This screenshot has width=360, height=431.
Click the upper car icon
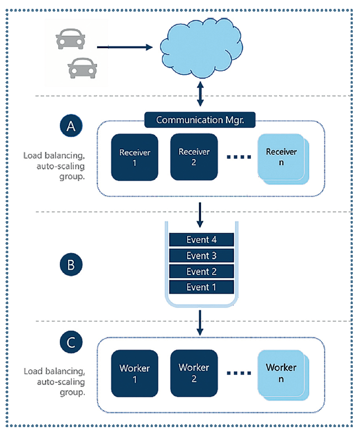[70, 39]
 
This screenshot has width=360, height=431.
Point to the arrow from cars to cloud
[124, 48]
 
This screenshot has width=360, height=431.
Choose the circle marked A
[71, 127]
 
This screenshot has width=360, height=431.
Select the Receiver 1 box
[135, 157]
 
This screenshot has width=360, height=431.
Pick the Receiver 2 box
[194, 156]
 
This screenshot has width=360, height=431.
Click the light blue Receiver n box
[281, 157]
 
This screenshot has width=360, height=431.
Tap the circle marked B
[71, 264]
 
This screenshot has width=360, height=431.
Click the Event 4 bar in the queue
[201, 240]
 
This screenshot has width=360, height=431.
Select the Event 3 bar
[201, 256]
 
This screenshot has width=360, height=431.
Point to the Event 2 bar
[201, 271]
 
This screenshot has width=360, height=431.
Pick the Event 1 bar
[201, 288]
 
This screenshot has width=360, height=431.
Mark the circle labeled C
[71, 342]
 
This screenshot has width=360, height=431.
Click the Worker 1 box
[135, 373]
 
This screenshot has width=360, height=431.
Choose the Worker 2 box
[194, 372]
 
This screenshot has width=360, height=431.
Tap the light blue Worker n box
[281, 372]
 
